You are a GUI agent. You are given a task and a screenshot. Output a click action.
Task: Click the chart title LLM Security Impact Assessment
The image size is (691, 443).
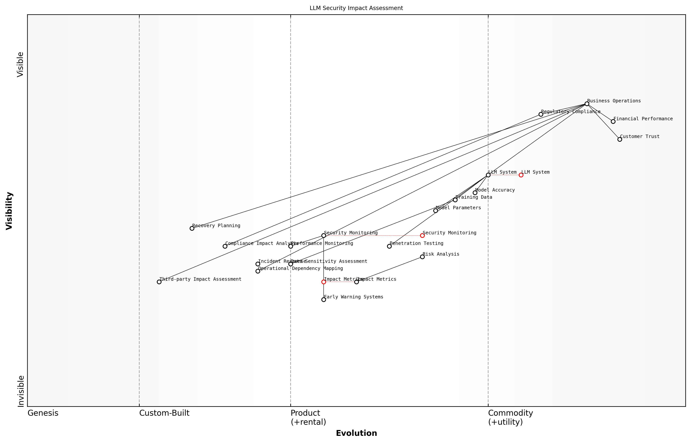point(356,8)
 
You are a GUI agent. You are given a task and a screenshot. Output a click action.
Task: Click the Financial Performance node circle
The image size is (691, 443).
point(613,121)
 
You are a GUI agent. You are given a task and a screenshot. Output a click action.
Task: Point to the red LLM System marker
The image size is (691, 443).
point(521,175)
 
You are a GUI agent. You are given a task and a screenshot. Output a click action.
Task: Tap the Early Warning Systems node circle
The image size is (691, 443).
point(324,300)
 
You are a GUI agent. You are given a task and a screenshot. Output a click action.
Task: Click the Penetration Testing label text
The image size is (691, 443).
point(416,243)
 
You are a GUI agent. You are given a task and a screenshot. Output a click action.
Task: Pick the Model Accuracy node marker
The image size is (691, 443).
point(475,193)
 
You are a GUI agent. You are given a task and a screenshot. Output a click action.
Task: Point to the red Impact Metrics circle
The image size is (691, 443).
point(324,282)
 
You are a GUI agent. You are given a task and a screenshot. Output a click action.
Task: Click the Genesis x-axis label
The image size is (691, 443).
point(43,413)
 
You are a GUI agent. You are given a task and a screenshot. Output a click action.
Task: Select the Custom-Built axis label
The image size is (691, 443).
point(164,413)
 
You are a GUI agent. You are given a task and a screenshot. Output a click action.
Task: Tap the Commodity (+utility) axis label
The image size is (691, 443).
point(510,417)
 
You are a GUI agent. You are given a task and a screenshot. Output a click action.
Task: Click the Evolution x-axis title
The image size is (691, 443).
point(356,433)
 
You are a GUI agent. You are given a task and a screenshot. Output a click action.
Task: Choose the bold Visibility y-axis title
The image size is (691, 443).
point(9,211)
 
